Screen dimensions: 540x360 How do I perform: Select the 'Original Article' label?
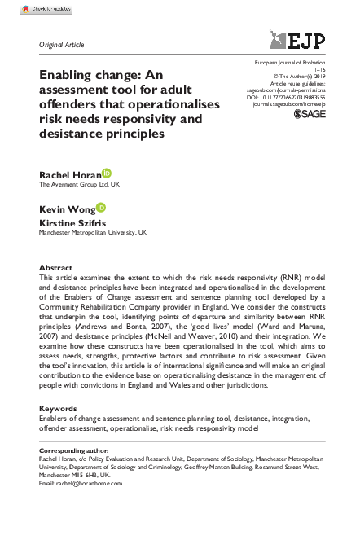coord(61,44)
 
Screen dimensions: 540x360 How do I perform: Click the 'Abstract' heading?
coord(56,267)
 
